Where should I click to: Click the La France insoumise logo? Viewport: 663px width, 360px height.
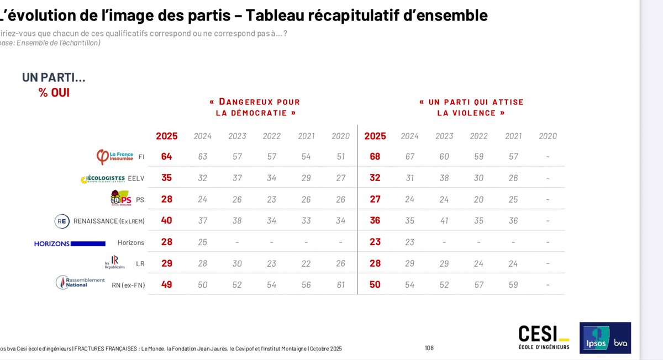pos(114,157)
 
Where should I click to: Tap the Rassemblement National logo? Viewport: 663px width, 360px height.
pos(81,282)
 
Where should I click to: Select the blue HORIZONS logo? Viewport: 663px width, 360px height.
pos(70,243)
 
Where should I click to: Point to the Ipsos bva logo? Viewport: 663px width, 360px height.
pos(604,338)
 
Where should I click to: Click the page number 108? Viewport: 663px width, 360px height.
pos(429,348)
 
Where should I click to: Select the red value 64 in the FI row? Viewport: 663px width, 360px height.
pos(166,157)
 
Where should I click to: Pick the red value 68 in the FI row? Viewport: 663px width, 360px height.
pos(375,157)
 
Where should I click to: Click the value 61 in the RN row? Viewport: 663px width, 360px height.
pos(341,285)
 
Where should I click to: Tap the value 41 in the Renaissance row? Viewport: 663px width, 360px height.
pos(444,221)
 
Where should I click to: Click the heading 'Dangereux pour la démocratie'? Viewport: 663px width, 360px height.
pos(255,107)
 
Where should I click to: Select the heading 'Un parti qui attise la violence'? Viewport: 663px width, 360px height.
pos(471,107)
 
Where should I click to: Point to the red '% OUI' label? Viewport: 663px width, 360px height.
pos(54,93)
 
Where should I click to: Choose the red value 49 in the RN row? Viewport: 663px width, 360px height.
pos(166,285)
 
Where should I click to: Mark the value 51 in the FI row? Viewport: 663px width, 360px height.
pos(341,157)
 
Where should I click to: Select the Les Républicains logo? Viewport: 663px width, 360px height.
pos(115,263)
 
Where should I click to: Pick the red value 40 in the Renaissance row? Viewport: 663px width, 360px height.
pos(166,221)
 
